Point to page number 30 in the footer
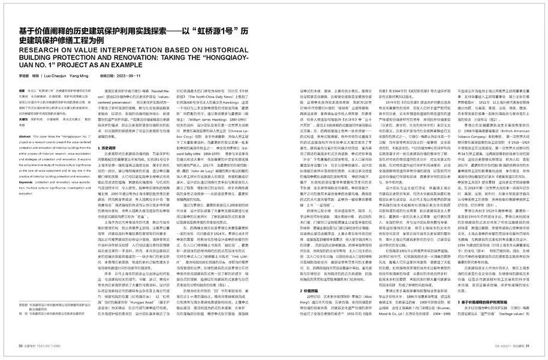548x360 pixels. tap(20, 346)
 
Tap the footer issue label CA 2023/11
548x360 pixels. tap(504, 346)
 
